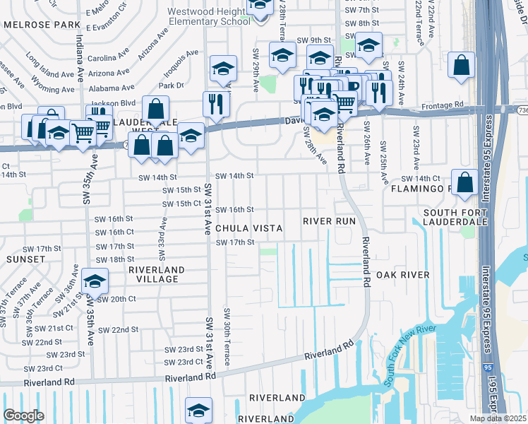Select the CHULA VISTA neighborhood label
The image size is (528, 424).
[x=248, y=228]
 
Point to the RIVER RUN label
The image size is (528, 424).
[x=329, y=221]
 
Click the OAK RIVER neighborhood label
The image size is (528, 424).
[x=402, y=274]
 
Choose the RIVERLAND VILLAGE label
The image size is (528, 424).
[x=156, y=274]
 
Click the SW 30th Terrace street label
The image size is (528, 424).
[x=227, y=336]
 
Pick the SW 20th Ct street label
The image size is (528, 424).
[x=116, y=299]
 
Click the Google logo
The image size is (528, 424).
[x=23, y=416]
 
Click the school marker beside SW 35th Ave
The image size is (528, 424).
[x=95, y=281]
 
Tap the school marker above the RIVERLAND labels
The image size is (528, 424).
[x=198, y=410]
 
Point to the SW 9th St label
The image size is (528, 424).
[x=314, y=40]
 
